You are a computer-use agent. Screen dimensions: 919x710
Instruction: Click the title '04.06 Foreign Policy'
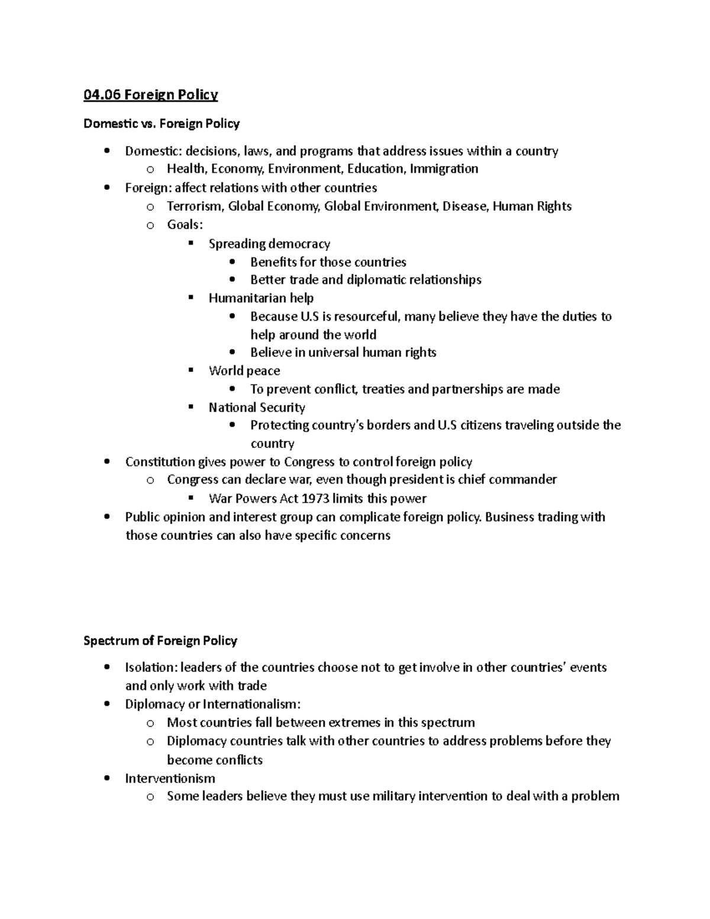(x=151, y=95)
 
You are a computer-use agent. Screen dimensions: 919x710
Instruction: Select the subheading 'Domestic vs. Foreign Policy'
(x=162, y=124)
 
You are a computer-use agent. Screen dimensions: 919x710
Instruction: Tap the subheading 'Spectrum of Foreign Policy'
(x=160, y=641)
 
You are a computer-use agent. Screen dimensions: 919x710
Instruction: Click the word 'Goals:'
(x=185, y=225)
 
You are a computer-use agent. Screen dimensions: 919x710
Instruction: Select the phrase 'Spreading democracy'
(x=269, y=244)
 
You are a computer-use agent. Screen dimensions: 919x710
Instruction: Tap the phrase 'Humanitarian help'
(x=261, y=298)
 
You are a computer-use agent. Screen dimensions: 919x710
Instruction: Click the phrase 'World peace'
(x=244, y=371)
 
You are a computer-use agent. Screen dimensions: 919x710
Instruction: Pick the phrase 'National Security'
(x=257, y=408)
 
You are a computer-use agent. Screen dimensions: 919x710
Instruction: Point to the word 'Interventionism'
(x=170, y=779)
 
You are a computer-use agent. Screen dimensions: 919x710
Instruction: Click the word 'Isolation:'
(x=151, y=668)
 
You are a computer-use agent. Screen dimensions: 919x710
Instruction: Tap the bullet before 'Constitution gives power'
(x=106, y=462)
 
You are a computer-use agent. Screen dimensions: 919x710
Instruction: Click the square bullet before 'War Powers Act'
(x=191, y=498)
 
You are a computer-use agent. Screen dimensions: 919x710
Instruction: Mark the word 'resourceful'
(x=367, y=317)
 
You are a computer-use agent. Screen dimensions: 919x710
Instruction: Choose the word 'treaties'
(x=383, y=389)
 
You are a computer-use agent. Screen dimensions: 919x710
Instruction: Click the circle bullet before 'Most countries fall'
(x=150, y=723)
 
